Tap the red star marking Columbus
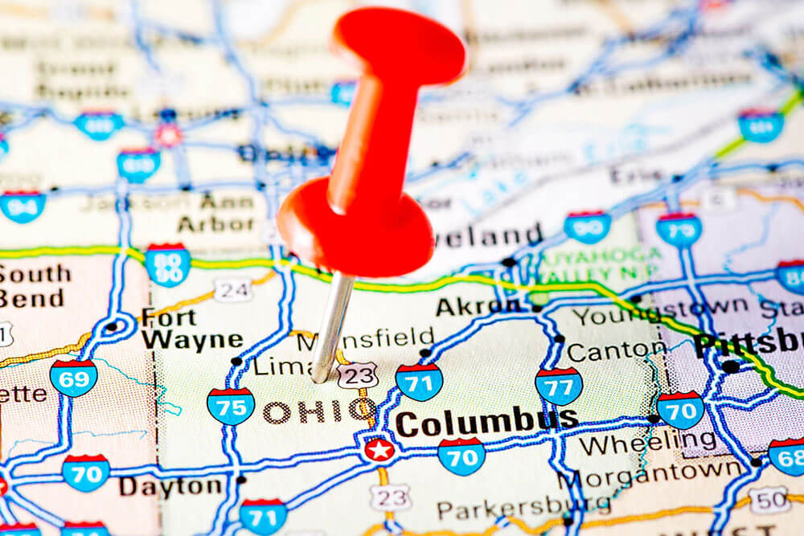379,449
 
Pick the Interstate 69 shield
73,377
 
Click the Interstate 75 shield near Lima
231,405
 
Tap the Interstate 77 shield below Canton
559,386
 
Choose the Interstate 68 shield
787,456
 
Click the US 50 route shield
769,499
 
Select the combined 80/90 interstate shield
167,264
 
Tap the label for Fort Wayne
191,328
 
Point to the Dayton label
170,485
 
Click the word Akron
478,305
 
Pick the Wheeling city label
647,442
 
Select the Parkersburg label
523,508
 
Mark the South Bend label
35,286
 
